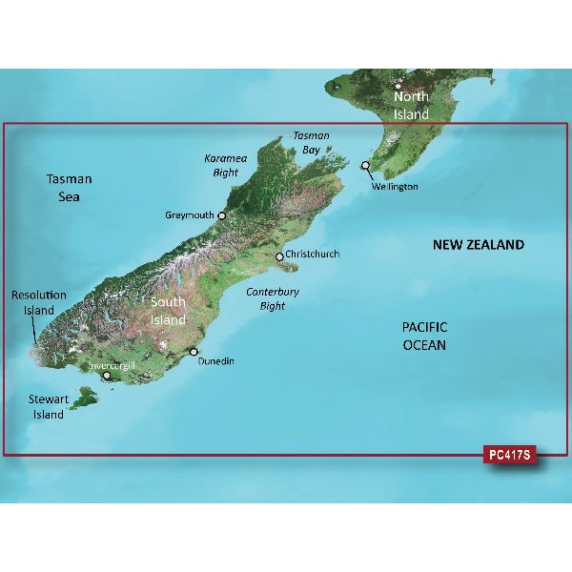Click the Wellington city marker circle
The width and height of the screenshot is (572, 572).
pos(364,166)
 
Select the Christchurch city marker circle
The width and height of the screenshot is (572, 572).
pos(279,256)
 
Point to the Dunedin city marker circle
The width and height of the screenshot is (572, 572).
pos(194,352)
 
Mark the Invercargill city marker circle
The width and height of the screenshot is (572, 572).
pos(108,376)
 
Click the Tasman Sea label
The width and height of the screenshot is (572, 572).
pos(69,188)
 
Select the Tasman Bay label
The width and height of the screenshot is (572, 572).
pos(311,143)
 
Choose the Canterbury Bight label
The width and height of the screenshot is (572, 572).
pos(273,298)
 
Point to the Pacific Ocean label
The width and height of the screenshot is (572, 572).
pos(422,336)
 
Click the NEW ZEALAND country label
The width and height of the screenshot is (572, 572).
pos(479,245)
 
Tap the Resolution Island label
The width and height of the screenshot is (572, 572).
pos(39,303)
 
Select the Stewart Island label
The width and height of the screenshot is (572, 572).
pos(45,408)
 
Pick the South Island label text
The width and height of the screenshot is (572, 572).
pos(168,311)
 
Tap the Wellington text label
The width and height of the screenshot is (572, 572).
pos(395,187)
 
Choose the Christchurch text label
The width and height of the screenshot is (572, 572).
pos(312,255)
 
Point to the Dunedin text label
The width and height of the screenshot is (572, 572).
pos(215,361)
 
